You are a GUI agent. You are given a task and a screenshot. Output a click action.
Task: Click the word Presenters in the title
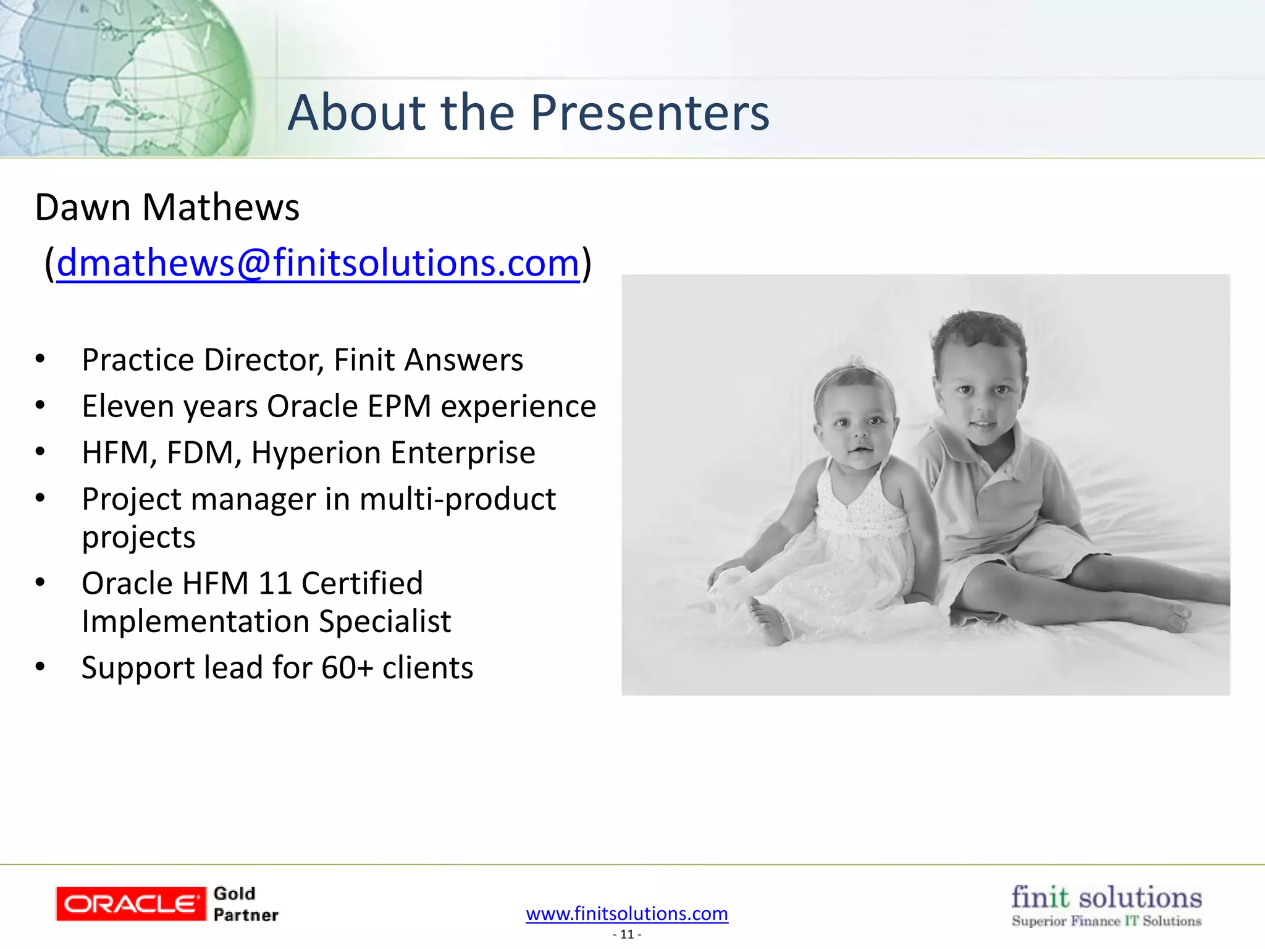coord(650,113)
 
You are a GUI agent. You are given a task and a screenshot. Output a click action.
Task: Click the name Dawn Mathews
coord(167,207)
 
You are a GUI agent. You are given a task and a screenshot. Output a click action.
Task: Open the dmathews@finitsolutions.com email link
coord(317,263)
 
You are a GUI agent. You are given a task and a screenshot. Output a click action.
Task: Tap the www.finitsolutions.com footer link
coord(627,913)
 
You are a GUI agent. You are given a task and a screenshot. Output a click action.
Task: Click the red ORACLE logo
coord(130,904)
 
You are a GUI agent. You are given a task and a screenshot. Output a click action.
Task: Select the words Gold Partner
coord(245,904)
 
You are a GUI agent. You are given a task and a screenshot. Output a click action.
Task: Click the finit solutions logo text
coord(1106,897)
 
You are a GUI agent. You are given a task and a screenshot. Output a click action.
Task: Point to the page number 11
coord(627,934)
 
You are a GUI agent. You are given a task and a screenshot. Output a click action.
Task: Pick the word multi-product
coord(457,499)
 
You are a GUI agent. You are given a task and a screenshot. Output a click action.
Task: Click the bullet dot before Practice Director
coord(40,359)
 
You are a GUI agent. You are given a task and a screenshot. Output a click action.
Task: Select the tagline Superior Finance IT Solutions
coord(1106,921)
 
